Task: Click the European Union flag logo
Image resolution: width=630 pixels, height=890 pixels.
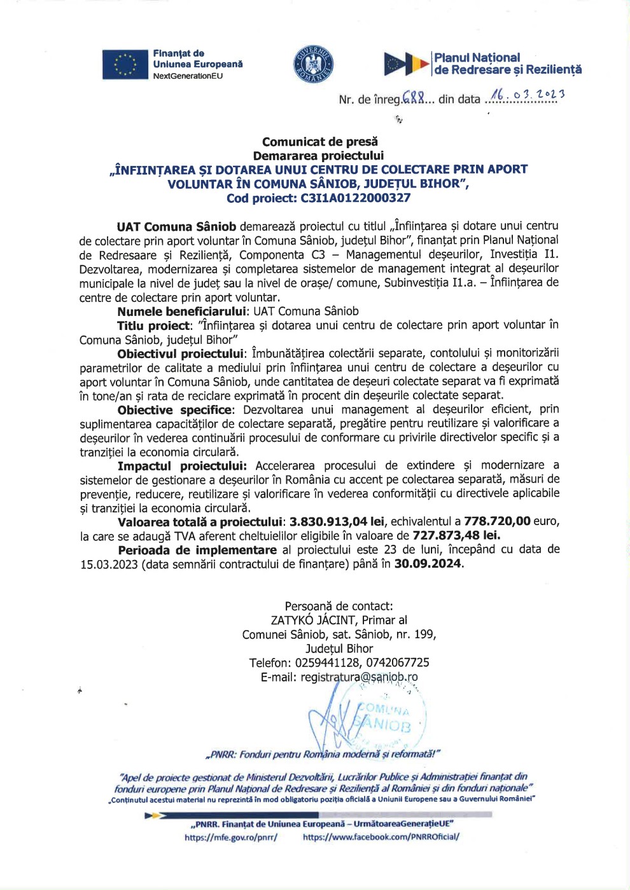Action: click(x=125, y=64)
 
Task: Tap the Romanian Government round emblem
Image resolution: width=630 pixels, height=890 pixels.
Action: click(x=313, y=64)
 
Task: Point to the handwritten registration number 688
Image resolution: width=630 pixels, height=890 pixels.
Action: click(x=413, y=98)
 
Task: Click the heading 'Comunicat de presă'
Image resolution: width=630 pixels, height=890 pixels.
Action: click(x=319, y=142)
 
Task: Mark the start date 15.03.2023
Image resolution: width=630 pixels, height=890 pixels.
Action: click(x=108, y=565)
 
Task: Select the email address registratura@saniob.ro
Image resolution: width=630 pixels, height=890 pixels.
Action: click(x=359, y=678)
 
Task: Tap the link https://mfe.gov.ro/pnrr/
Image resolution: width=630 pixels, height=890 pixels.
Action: click(x=230, y=837)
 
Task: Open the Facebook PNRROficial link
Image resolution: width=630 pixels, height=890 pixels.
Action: click(x=381, y=837)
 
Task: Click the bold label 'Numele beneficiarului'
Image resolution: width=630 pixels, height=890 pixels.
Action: click(x=182, y=311)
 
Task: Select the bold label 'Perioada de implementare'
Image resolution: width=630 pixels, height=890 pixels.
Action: click(x=197, y=550)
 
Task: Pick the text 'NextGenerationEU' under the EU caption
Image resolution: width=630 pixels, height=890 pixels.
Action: click(x=188, y=76)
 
